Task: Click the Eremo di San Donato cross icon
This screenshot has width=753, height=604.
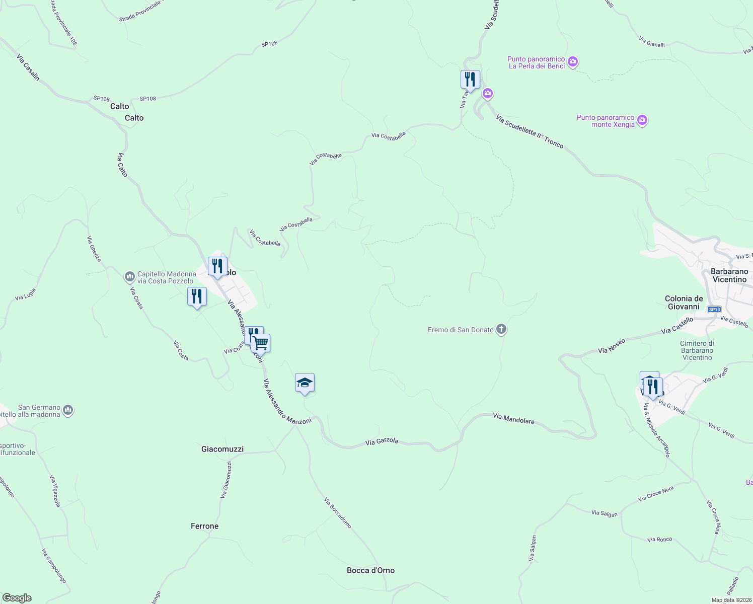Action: pyautogui.click(x=501, y=330)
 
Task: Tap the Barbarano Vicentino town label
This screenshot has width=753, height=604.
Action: pyautogui.click(x=729, y=275)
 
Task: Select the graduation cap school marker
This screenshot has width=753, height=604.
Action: pyautogui.click(x=305, y=383)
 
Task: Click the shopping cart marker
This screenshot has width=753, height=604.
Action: pyautogui.click(x=260, y=343)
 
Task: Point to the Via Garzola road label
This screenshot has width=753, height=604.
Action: pyautogui.click(x=382, y=441)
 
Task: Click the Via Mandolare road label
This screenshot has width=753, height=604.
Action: pyautogui.click(x=513, y=418)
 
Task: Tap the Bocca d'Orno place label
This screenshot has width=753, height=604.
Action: pyautogui.click(x=370, y=570)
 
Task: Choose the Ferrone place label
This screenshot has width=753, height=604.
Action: pyautogui.click(x=204, y=526)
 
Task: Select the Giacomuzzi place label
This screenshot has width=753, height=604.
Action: pyautogui.click(x=222, y=449)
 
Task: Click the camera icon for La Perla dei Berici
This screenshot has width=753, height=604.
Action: pyautogui.click(x=572, y=62)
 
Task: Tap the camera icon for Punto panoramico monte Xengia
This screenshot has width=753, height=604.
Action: pyautogui.click(x=642, y=120)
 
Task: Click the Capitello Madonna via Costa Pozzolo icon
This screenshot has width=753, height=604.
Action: pyautogui.click(x=129, y=277)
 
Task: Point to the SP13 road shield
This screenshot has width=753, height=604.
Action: pyautogui.click(x=714, y=309)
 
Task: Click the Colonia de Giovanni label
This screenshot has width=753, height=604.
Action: pyautogui.click(x=684, y=303)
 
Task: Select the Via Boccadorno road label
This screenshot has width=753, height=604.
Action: pyautogui.click(x=337, y=513)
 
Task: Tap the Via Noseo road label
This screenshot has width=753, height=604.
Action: pyautogui.click(x=612, y=346)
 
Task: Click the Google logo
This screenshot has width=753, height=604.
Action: pyautogui.click(x=17, y=597)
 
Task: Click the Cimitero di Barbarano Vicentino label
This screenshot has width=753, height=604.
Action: pyautogui.click(x=697, y=350)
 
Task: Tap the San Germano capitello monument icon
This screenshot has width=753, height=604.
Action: pyautogui.click(x=68, y=411)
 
